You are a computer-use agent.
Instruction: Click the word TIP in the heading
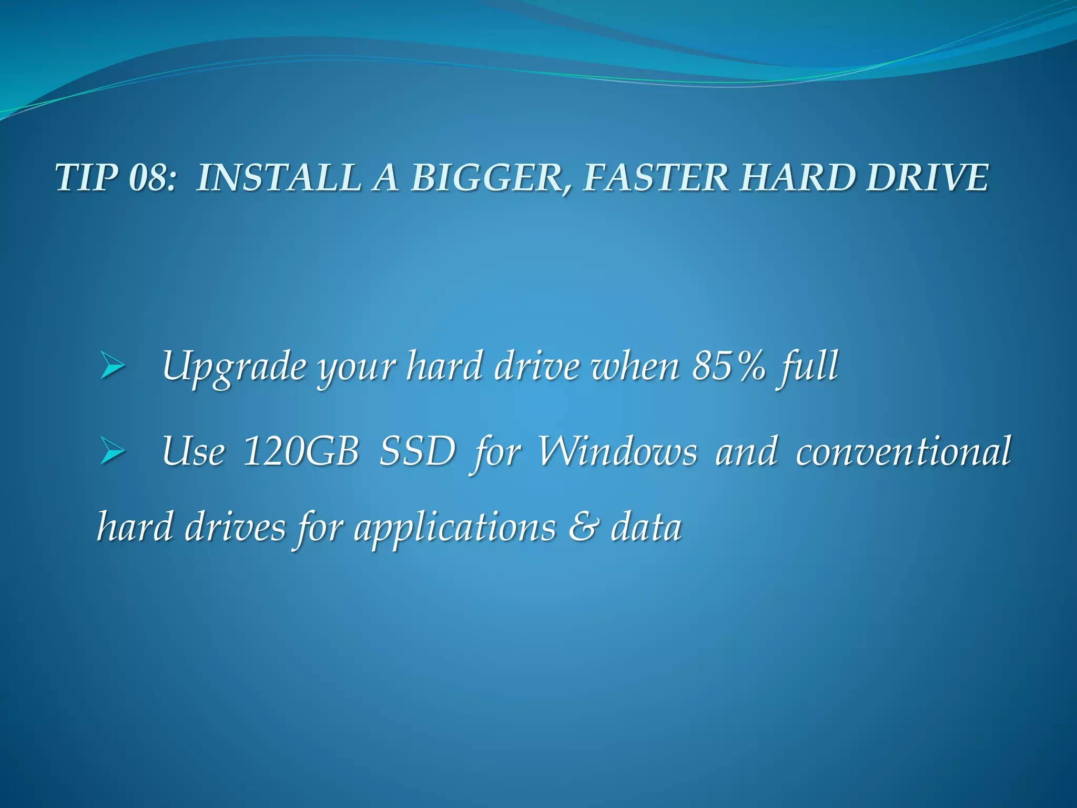tap(86, 177)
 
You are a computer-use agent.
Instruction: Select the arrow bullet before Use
tap(112, 451)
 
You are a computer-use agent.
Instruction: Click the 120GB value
tap(301, 451)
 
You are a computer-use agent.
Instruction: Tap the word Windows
tap(617, 451)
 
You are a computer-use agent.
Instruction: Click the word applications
tap(455, 528)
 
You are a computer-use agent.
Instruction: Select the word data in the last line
tap(646, 528)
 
